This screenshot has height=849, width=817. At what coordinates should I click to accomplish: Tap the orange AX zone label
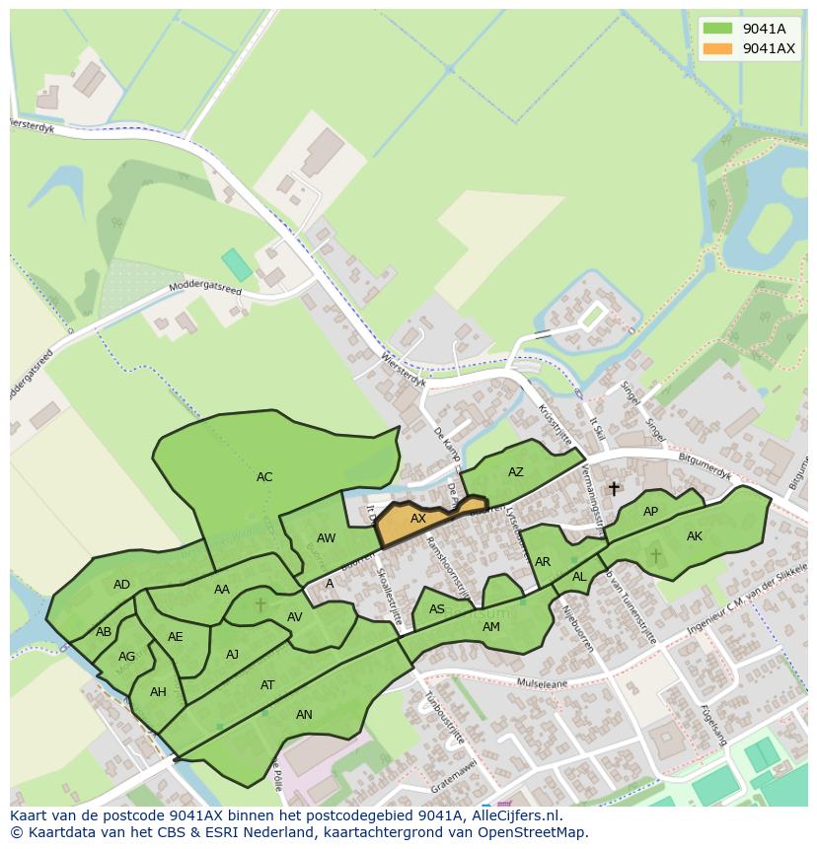[x=418, y=519]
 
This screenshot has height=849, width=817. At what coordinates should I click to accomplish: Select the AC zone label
[x=264, y=477]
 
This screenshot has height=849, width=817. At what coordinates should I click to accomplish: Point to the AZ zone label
[x=516, y=472]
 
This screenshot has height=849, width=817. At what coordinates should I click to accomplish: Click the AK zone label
[x=695, y=536]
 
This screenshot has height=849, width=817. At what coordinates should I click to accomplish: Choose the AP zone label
[x=650, y=512]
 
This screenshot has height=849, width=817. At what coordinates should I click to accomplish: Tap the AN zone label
[x=304, y=715]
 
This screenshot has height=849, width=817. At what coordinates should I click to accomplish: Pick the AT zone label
[x=267, y=685]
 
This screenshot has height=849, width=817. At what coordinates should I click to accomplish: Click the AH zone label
[x=158, y=692]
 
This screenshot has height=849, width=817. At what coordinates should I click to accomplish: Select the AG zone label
[x=126, y=657]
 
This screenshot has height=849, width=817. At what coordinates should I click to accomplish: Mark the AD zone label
[x=121, y=585]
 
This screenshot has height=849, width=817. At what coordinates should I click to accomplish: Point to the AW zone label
[x=327, y=538]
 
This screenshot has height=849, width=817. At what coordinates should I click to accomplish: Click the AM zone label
[x=490, y=627]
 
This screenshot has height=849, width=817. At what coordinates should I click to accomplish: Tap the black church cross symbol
[x=614, y=488]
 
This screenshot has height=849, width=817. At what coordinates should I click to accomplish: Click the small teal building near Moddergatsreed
[x=236, y=264]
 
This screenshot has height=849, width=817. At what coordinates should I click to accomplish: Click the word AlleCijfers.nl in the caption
[x=514, y=816]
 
